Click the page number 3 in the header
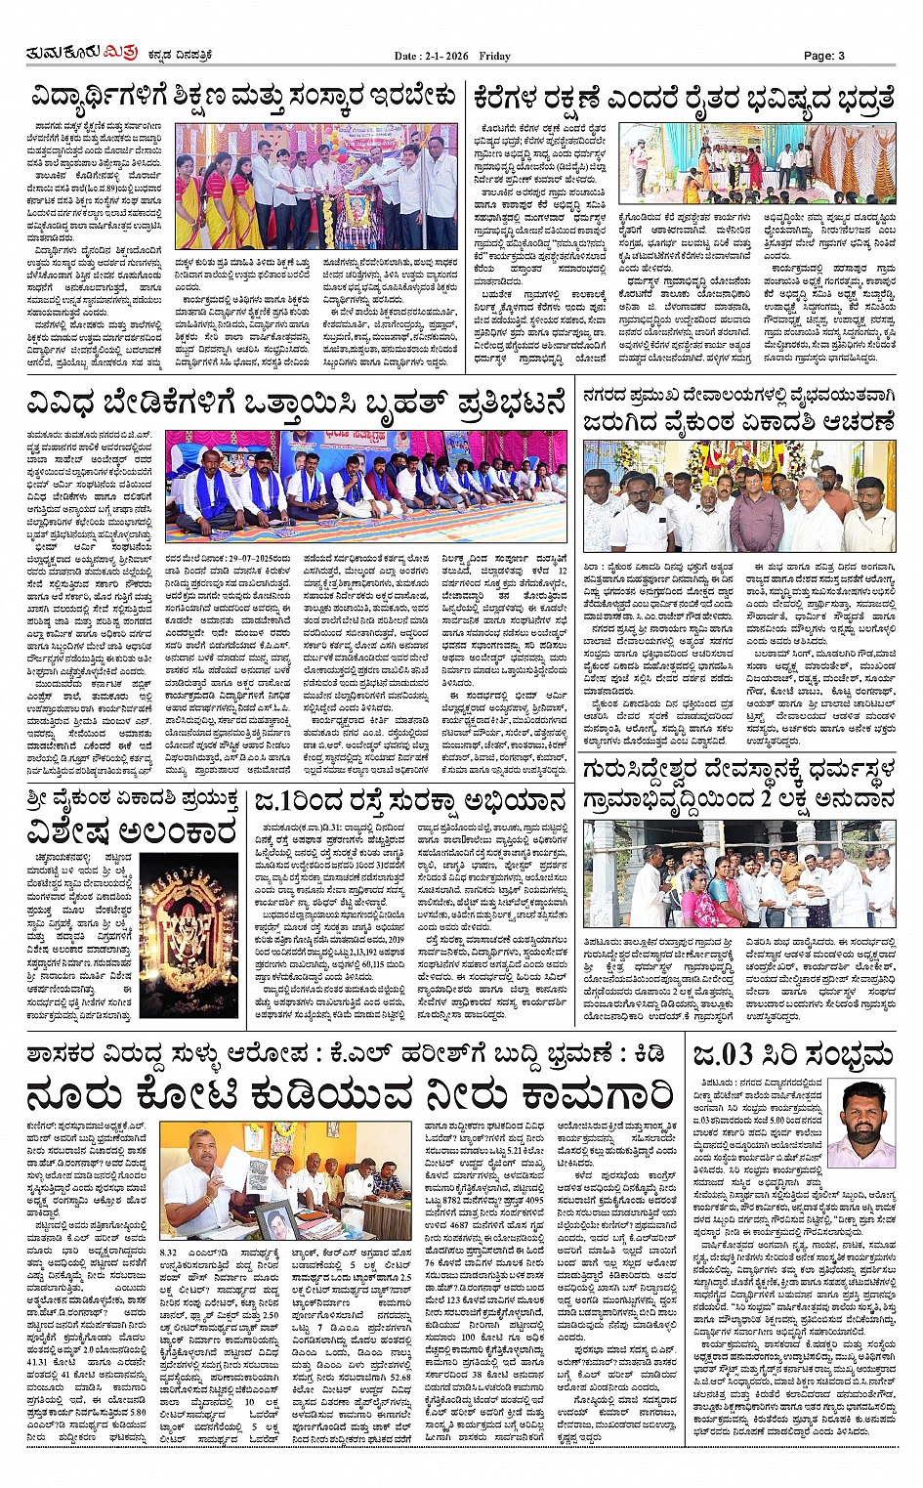841,56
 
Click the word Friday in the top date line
494,57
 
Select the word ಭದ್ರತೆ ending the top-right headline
857,98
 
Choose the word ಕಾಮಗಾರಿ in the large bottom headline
576,1094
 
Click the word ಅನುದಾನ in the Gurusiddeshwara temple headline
842,799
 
